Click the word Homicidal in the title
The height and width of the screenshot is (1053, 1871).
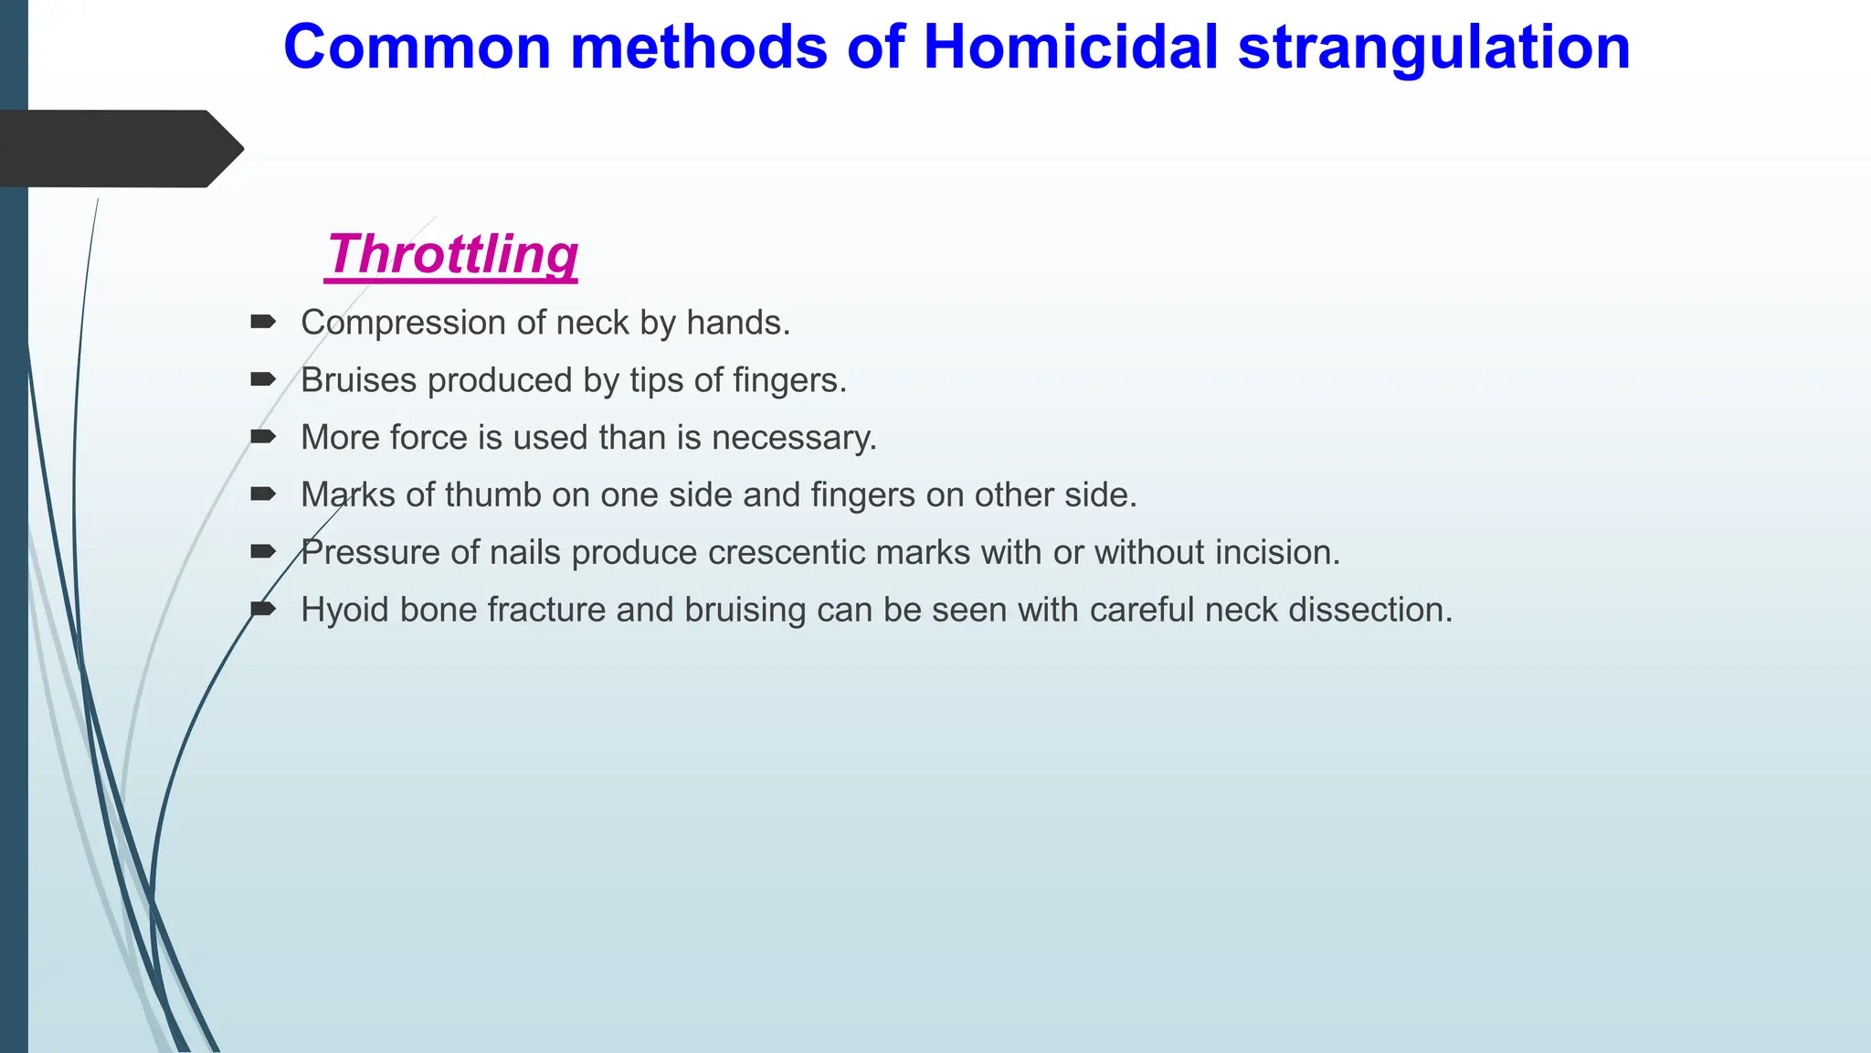1071,47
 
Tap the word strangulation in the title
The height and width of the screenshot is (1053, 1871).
1433,47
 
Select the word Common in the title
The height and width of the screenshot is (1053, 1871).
418,47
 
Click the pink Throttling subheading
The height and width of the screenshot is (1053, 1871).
452,253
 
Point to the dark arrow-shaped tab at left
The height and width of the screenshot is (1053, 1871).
119,148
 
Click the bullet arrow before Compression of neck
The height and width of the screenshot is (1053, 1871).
263,322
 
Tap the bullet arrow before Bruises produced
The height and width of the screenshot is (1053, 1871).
263,379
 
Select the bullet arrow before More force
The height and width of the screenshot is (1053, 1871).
263,437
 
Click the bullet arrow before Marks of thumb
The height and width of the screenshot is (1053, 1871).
263,495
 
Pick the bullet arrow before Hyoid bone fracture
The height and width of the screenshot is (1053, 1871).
263,610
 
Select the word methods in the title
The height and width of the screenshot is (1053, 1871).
698,47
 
